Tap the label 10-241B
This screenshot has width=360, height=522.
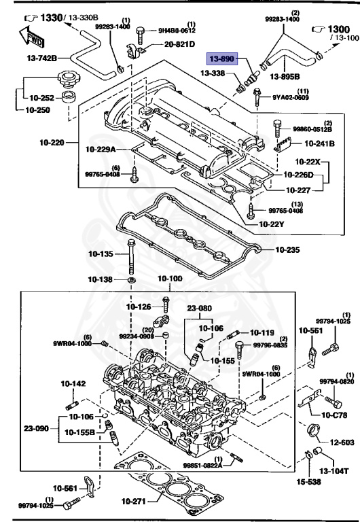coord(317,143)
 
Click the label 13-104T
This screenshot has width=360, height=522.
coord(334,470)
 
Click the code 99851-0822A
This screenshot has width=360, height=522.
coord(203,465)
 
